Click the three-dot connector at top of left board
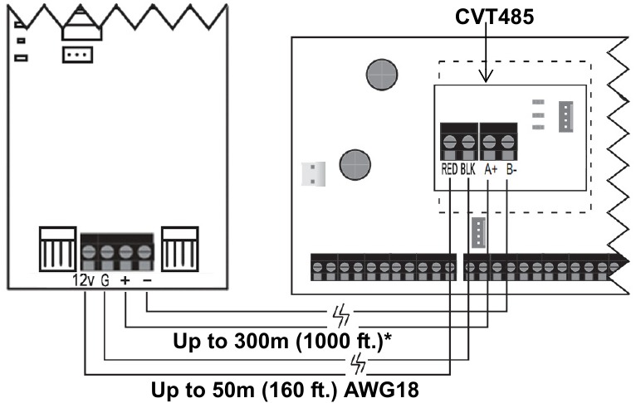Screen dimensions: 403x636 [x=77, y=55]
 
